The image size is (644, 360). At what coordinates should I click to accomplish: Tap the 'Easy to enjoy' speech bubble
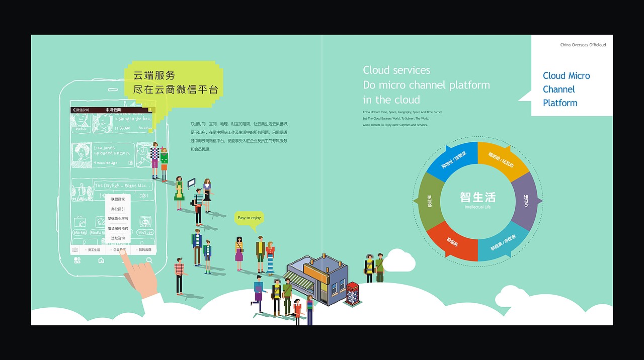pos(249,218)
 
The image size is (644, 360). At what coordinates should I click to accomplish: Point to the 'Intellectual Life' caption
pos(477,207)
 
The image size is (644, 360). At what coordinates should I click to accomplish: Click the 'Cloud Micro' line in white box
pos(566,76)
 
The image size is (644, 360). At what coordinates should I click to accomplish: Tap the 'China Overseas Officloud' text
pos(583,45)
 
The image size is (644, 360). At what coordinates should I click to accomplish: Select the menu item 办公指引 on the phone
pos(118,209)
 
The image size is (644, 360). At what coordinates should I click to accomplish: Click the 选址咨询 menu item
pos(118,238)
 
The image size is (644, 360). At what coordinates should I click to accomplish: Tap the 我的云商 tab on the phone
pos(144,249)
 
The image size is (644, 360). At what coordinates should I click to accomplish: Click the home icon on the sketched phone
pos(101,260)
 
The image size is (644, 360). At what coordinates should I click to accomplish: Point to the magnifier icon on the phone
pos(149,260)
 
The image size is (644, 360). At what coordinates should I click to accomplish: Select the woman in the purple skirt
pos(239,250)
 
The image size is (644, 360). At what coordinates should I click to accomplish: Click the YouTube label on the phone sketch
pos(145,232)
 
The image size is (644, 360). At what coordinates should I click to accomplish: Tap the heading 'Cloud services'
pos(396,70)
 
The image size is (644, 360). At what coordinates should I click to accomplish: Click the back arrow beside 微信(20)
pos(74,110)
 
